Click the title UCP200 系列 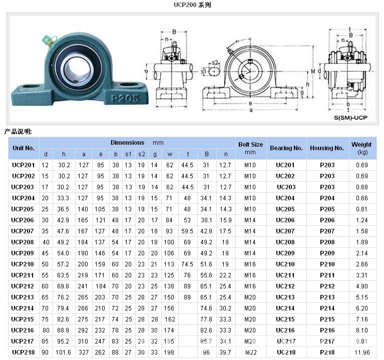pos(192,5)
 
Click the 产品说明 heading pos(18,132)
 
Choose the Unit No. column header pos(24,148)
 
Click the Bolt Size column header pos(250,148)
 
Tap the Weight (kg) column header pos(361,148)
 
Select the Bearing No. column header pos(286,148)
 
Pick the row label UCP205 pos(24,209)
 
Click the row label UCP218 pos(24,352)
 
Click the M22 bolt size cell pos(250,352)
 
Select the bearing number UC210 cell pos(285,264)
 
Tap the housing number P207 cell pos(327,231)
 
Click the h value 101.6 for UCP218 pos(63,352)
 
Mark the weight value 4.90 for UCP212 pos(361,286)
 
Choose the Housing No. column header pos(327,148)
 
